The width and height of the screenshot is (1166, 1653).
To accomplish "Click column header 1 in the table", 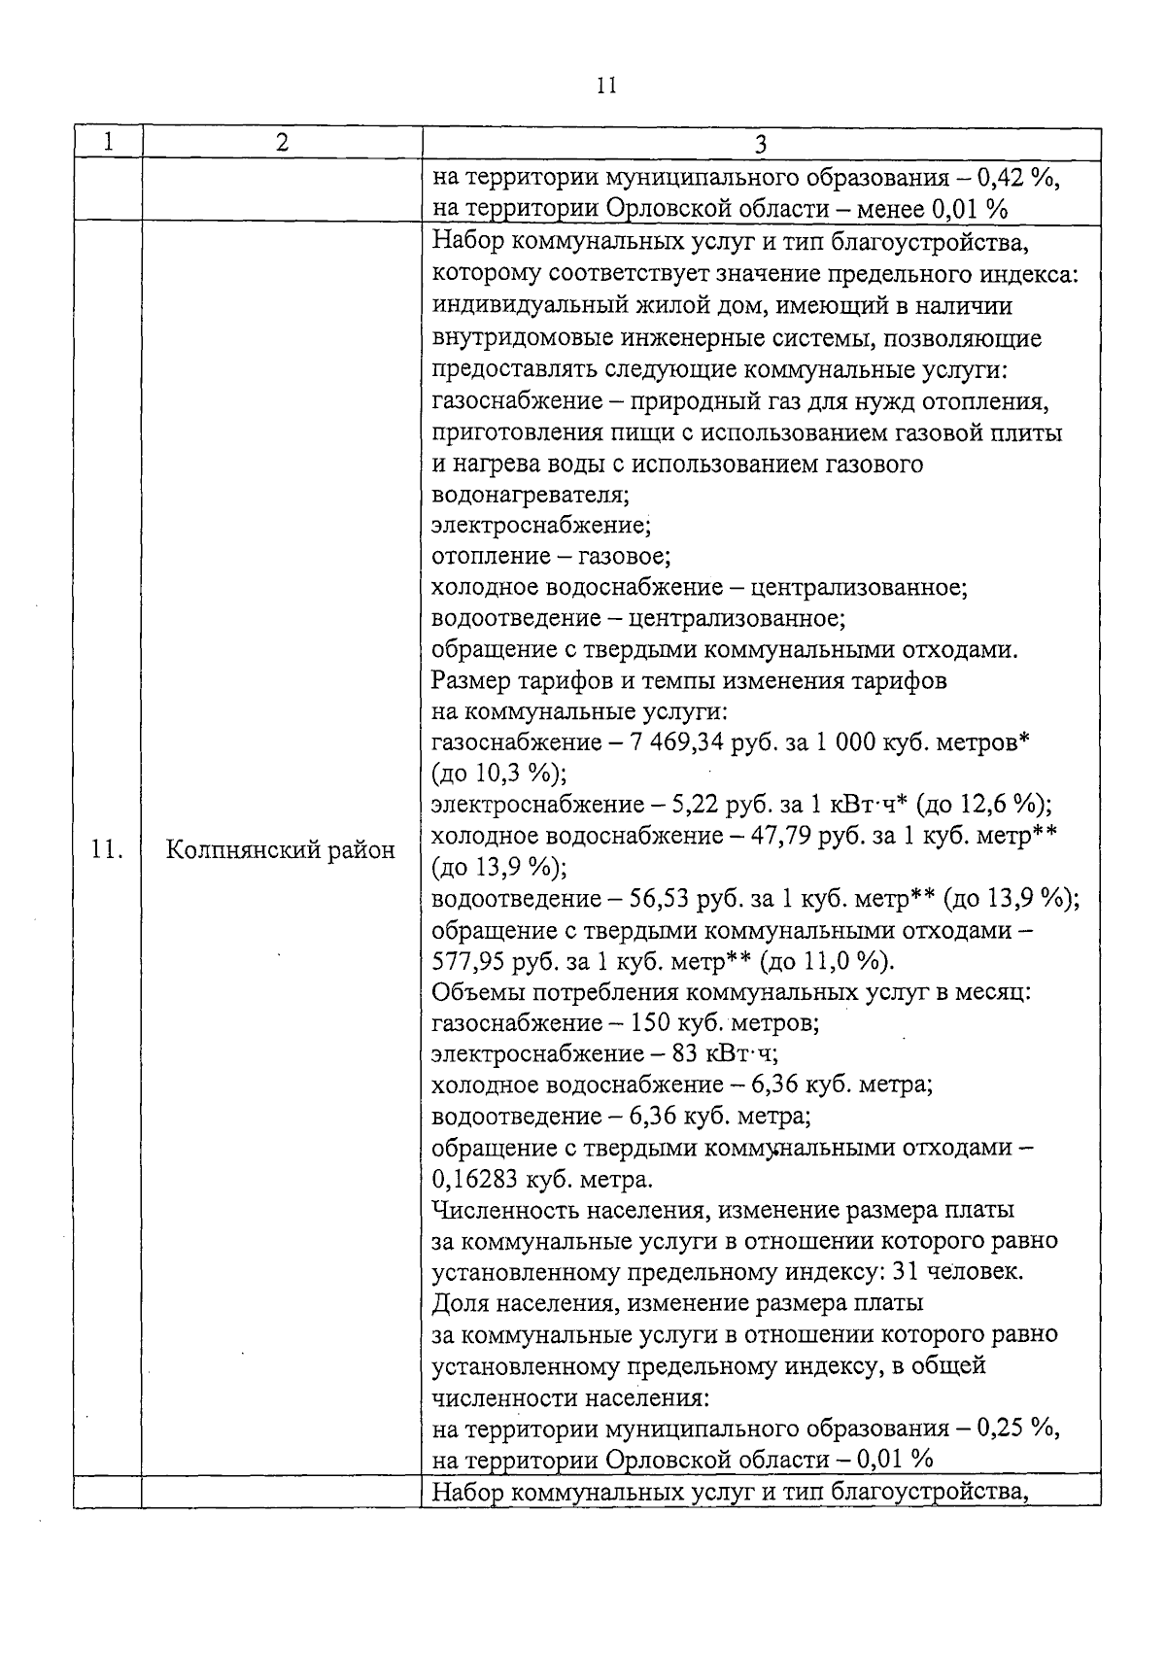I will click(108, 142).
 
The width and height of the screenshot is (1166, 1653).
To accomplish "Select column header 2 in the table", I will click(282, 142).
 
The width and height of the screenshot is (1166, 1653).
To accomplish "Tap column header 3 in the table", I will click(761, 145).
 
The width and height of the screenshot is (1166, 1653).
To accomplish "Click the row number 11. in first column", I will click(107, 850).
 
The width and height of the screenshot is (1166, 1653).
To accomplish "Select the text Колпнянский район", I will click(281, 850).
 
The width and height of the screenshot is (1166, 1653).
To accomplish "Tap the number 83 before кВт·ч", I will click(669, 1054).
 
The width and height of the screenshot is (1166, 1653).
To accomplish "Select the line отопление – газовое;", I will click(551, 557).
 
